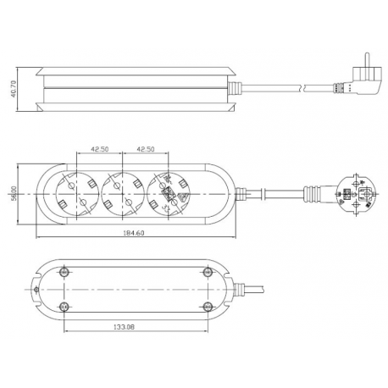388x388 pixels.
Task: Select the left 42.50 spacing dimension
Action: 98,148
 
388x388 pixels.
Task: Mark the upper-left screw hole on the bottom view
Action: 67,272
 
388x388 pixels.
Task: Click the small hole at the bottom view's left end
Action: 37,290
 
